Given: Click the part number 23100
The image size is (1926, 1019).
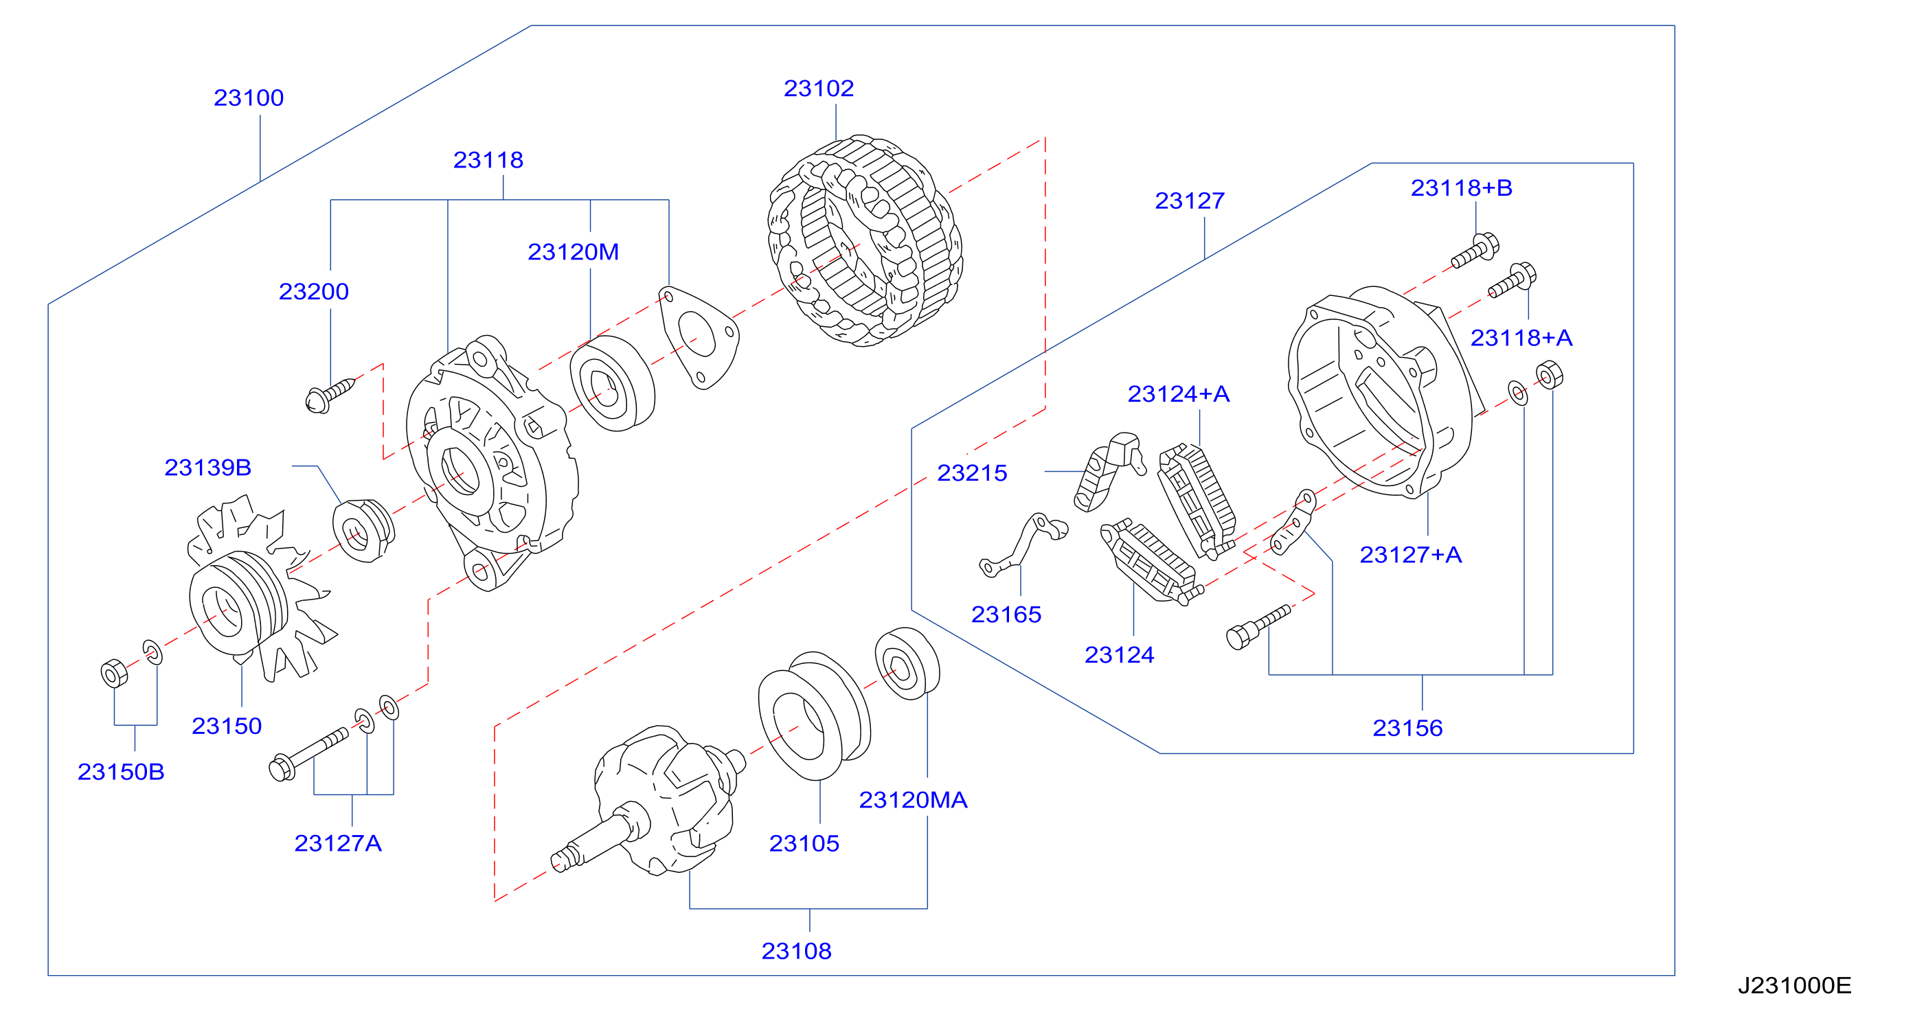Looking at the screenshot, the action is [249, 98].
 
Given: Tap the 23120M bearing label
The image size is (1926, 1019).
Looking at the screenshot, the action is [574, 252].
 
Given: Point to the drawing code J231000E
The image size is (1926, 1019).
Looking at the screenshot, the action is [1794, 985].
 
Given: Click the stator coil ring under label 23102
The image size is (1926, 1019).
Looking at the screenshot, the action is [865, 241].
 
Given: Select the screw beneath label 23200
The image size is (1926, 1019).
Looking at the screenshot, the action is [330, 396].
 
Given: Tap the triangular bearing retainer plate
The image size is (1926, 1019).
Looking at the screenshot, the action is [699, 337].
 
